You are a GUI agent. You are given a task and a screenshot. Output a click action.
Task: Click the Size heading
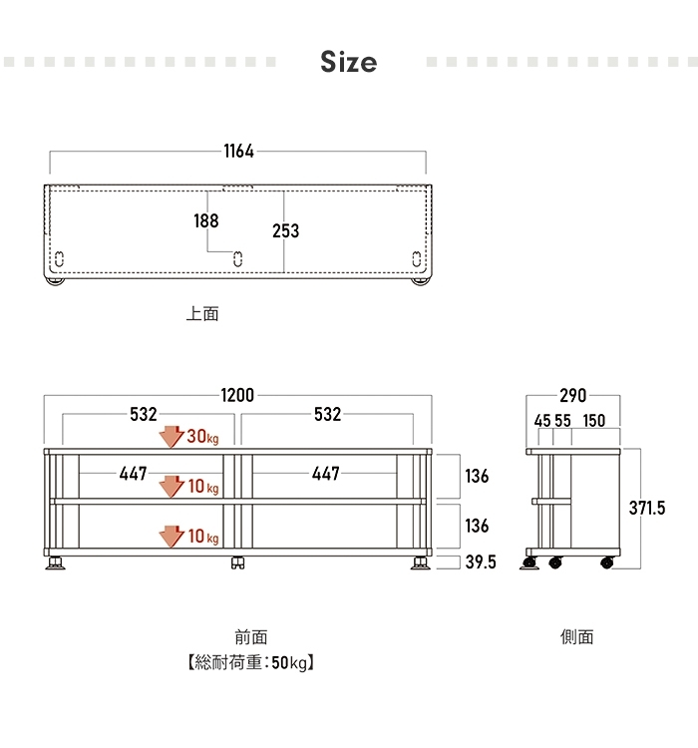coord(348,62)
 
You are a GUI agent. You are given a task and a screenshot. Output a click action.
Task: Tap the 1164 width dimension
coord(238,152)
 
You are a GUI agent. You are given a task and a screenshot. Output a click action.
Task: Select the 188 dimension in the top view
coord(206,220)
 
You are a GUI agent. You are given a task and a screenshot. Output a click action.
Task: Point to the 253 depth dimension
coord(286,231)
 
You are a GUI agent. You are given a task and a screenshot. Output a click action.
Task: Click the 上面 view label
coord(202,314)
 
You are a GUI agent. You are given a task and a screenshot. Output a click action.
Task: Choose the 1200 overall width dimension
coord(237,395)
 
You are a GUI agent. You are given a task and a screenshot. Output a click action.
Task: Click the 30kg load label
coord(202,436)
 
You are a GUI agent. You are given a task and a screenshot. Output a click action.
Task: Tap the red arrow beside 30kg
coord(172,437)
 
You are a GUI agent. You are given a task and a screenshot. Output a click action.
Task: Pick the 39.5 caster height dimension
coord(481,561)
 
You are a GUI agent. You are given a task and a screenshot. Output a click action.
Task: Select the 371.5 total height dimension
coord(647,508)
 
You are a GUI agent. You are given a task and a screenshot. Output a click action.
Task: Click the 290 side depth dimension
coord(573,396)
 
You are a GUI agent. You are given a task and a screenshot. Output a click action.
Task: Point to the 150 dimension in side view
coord(594,421)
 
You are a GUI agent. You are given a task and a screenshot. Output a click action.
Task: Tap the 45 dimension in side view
coord(542,421)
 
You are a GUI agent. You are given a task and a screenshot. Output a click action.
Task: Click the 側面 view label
coord(576,637)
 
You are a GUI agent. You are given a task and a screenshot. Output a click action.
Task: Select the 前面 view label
coord(251,637)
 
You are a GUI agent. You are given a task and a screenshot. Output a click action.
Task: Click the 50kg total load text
coord(289,662)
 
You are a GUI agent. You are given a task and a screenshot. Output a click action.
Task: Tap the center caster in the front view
coord(237,562)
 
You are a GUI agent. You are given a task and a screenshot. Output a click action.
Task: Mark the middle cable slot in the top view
coord(238,259)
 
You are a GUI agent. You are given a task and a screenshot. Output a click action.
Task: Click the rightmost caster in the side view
coord(607,562)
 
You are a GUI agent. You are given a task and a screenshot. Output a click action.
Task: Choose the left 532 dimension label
coord(144,414)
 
